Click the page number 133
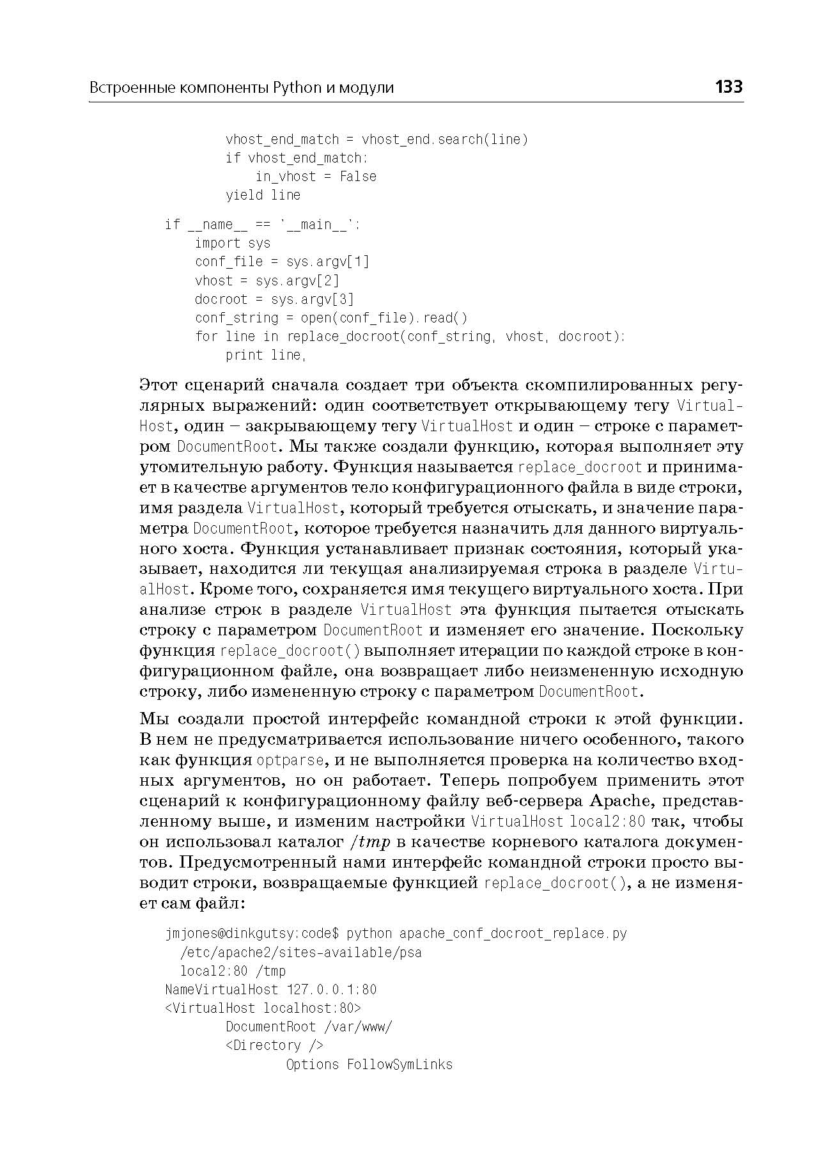click(x=729, y=86)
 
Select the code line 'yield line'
click(x=263, y=194)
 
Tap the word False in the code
click(x=357, y=176)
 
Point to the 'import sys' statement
click(x=233, y=243)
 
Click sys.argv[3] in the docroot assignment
click(x=312, y=299)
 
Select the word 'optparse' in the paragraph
click(x=291, y=760)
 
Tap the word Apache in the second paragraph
click(x=619, y=801)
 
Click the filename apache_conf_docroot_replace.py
click(x=513, y=933)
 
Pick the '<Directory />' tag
click(x=274, y=1045)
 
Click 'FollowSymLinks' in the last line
click(x=400, y=1065)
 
